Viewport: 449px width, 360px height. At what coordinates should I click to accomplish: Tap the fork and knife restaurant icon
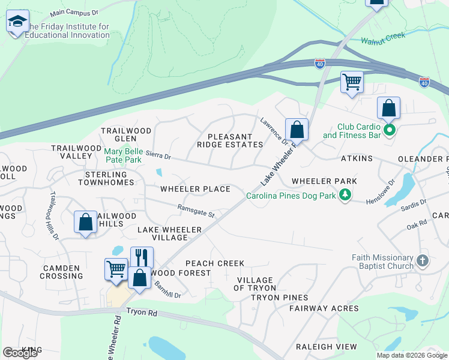tap(142, 257)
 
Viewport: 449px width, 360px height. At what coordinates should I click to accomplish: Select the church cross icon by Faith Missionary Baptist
tap(423, 260)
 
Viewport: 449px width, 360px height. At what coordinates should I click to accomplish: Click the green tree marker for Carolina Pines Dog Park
tap(345, 195)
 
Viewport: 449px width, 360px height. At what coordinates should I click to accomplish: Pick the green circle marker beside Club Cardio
tap(390, 130)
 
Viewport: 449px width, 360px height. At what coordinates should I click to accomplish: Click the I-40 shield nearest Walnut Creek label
tap(320, 63)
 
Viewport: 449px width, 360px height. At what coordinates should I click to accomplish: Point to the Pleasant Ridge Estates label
tap(235, 140)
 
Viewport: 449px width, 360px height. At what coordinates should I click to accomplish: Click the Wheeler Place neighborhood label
tap(195, 189)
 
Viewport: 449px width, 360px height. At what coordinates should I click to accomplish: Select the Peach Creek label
tap(215, 263)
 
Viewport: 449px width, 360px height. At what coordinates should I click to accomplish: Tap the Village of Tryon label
tap(256, 284)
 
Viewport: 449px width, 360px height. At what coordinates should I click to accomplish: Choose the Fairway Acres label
tap(324, 308)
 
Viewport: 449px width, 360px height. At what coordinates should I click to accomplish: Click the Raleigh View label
tap(326, 347)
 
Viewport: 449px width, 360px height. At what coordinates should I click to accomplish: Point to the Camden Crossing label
tap(61, 272)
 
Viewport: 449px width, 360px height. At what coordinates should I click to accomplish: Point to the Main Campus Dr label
tap(73, 12)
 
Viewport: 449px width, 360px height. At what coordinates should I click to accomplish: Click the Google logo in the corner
tap(20, 353)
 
